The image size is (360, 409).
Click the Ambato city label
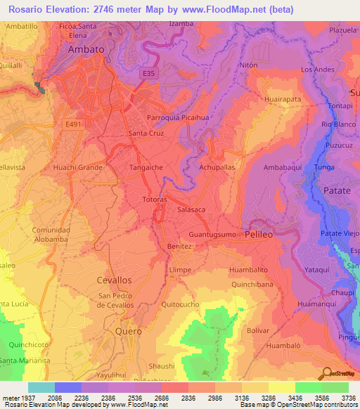click(x=86, y=50)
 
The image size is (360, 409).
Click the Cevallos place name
click(x=113, y=280)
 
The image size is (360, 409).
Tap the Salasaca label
click(x=191, y=209)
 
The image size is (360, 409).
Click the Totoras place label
click(x=154, y=200)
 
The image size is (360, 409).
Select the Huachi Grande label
click(x=78, y=168)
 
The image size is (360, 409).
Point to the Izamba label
click(x=181, y=23)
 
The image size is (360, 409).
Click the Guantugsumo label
click(x=214, y=234)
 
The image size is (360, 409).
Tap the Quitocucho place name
click(x=180, y=304)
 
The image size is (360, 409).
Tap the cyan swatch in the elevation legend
click(x=41, y=387)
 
